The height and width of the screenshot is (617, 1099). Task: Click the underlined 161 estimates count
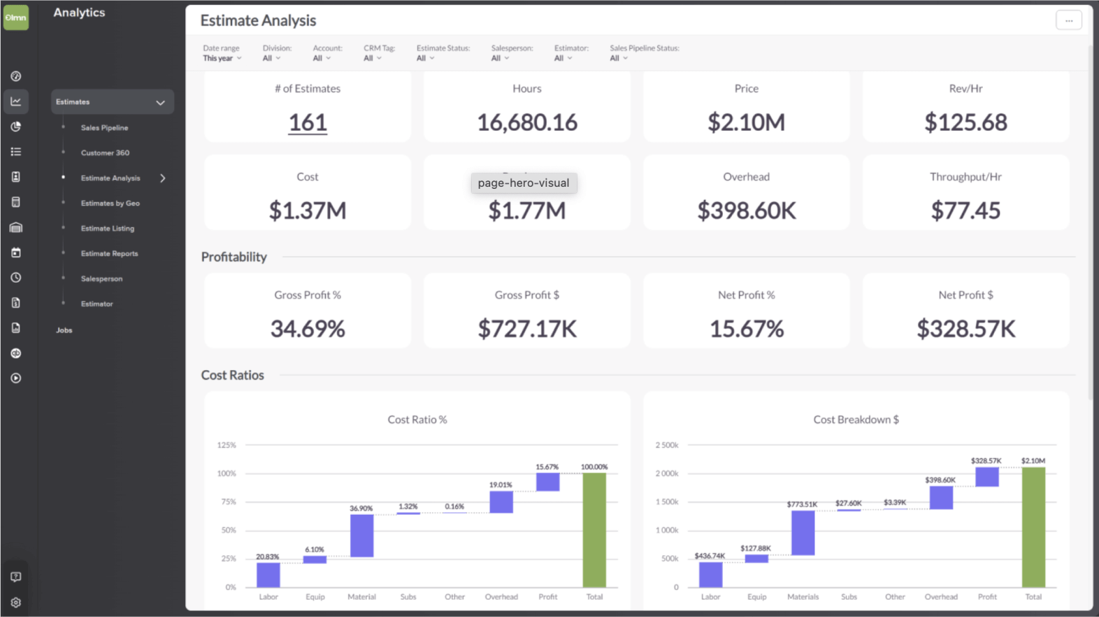click(x=308, y=123)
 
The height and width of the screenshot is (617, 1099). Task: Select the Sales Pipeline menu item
click(x=104, y=128)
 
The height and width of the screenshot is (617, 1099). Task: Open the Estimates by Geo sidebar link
click(x=110, y=204)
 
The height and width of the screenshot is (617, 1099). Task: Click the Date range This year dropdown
click(x=222, y=59)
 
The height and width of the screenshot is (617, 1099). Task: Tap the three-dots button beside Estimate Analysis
click(x=1068, y=20)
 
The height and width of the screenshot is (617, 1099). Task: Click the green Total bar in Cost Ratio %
click(x=594, y=530)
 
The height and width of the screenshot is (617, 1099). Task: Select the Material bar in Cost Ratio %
click(x=361, y=536)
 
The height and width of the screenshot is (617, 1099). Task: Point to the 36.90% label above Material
click(x=361, y=509)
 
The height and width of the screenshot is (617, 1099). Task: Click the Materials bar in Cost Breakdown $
click(x=803, y=533)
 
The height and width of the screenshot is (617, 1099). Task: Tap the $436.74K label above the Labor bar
click(x=710, y=556)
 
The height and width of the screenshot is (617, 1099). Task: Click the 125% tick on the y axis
click(x=227, y=445)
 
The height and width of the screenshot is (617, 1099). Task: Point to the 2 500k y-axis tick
click(x=666, y=445)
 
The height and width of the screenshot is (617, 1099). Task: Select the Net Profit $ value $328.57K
click(x=965, y=329)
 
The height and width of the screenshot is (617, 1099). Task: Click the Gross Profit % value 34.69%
click(x=308, y=329)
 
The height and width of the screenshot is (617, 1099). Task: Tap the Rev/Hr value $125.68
click(x=965, y=122)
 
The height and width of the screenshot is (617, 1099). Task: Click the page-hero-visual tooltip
click(x=524, y=183)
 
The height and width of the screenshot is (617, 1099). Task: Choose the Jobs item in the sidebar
click(x=64, y=330)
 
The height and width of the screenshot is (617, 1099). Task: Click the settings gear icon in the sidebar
click(x=16, y=602)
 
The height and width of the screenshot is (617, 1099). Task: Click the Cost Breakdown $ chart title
click(x=856, y=420)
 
